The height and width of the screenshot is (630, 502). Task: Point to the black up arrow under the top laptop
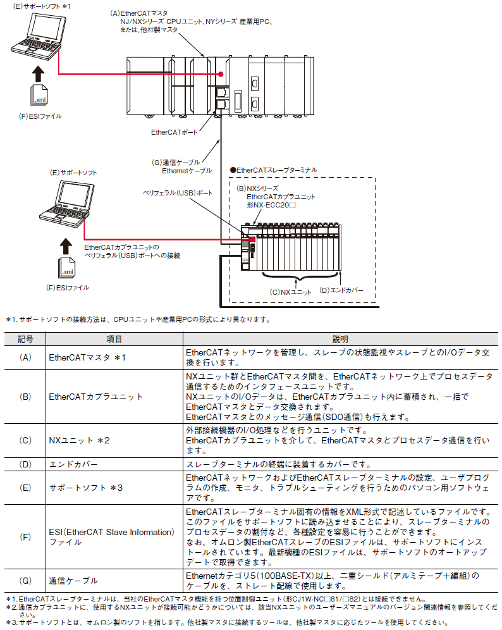39,72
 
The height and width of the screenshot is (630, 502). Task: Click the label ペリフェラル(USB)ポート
178,192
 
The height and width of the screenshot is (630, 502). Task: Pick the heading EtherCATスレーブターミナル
273,170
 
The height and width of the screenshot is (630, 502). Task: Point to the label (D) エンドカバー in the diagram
342,291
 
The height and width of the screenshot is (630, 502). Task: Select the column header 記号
25,340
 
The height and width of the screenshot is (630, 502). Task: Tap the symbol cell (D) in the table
25,464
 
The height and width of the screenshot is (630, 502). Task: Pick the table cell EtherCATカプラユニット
95,397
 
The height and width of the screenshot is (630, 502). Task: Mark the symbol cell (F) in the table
25,537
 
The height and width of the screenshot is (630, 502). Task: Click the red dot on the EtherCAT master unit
221,75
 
